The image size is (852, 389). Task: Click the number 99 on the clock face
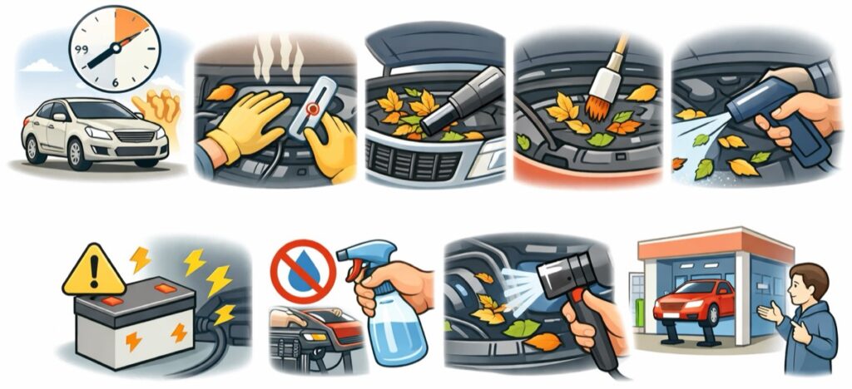82,50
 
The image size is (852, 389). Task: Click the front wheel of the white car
75,153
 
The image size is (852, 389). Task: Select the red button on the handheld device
313,109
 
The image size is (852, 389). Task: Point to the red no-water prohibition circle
303,272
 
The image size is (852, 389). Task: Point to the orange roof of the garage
716,244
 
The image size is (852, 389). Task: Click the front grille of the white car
133,136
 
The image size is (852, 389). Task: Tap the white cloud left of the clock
42,66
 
